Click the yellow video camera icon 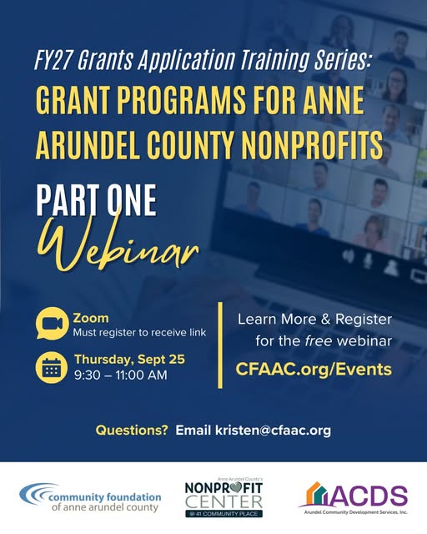click(x=52, y=324)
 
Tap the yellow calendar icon click(x=52, y=367)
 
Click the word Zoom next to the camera click(x=91, y=318)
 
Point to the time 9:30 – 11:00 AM click(x=120, y=375)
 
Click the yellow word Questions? click(x=132, y=431)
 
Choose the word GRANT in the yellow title click(x=76, y=101)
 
